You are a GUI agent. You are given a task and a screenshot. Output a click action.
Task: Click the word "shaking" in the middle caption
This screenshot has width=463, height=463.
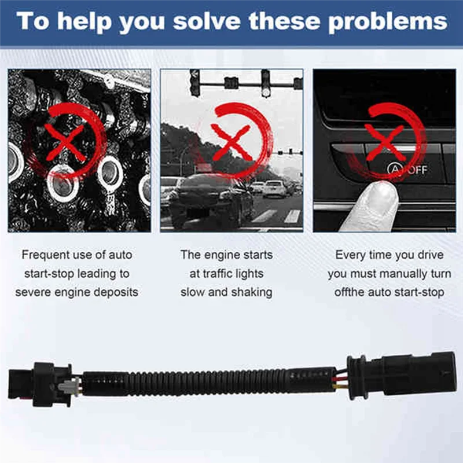pyautogui.click(x=251, y=292)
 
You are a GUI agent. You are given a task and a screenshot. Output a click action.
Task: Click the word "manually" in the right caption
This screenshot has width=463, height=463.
pyautogui.click(x=399, y=273)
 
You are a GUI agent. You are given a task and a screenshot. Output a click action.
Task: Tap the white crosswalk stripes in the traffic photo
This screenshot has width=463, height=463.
pyautogui.click(x=278, y=216)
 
